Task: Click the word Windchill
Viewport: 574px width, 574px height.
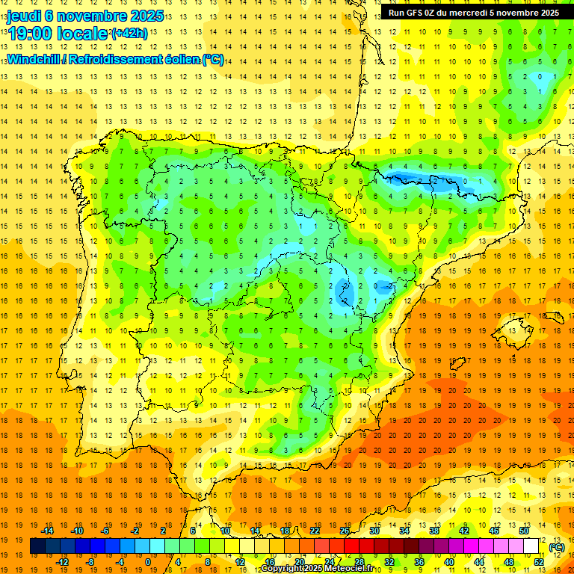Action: pos(33,59)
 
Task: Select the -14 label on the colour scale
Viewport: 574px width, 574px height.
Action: pos(48,531)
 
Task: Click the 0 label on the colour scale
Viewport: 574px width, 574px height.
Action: pos(147,562)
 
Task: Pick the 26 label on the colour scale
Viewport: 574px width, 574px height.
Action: pos(345,531)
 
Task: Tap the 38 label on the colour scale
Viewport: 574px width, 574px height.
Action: pos(434,531)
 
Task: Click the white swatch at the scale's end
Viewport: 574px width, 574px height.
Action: pos(531,546)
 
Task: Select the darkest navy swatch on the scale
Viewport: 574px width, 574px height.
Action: pos(37,546)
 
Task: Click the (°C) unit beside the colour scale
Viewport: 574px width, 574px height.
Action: pos(556,547)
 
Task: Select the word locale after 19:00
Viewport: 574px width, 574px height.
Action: pos(82,34)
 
